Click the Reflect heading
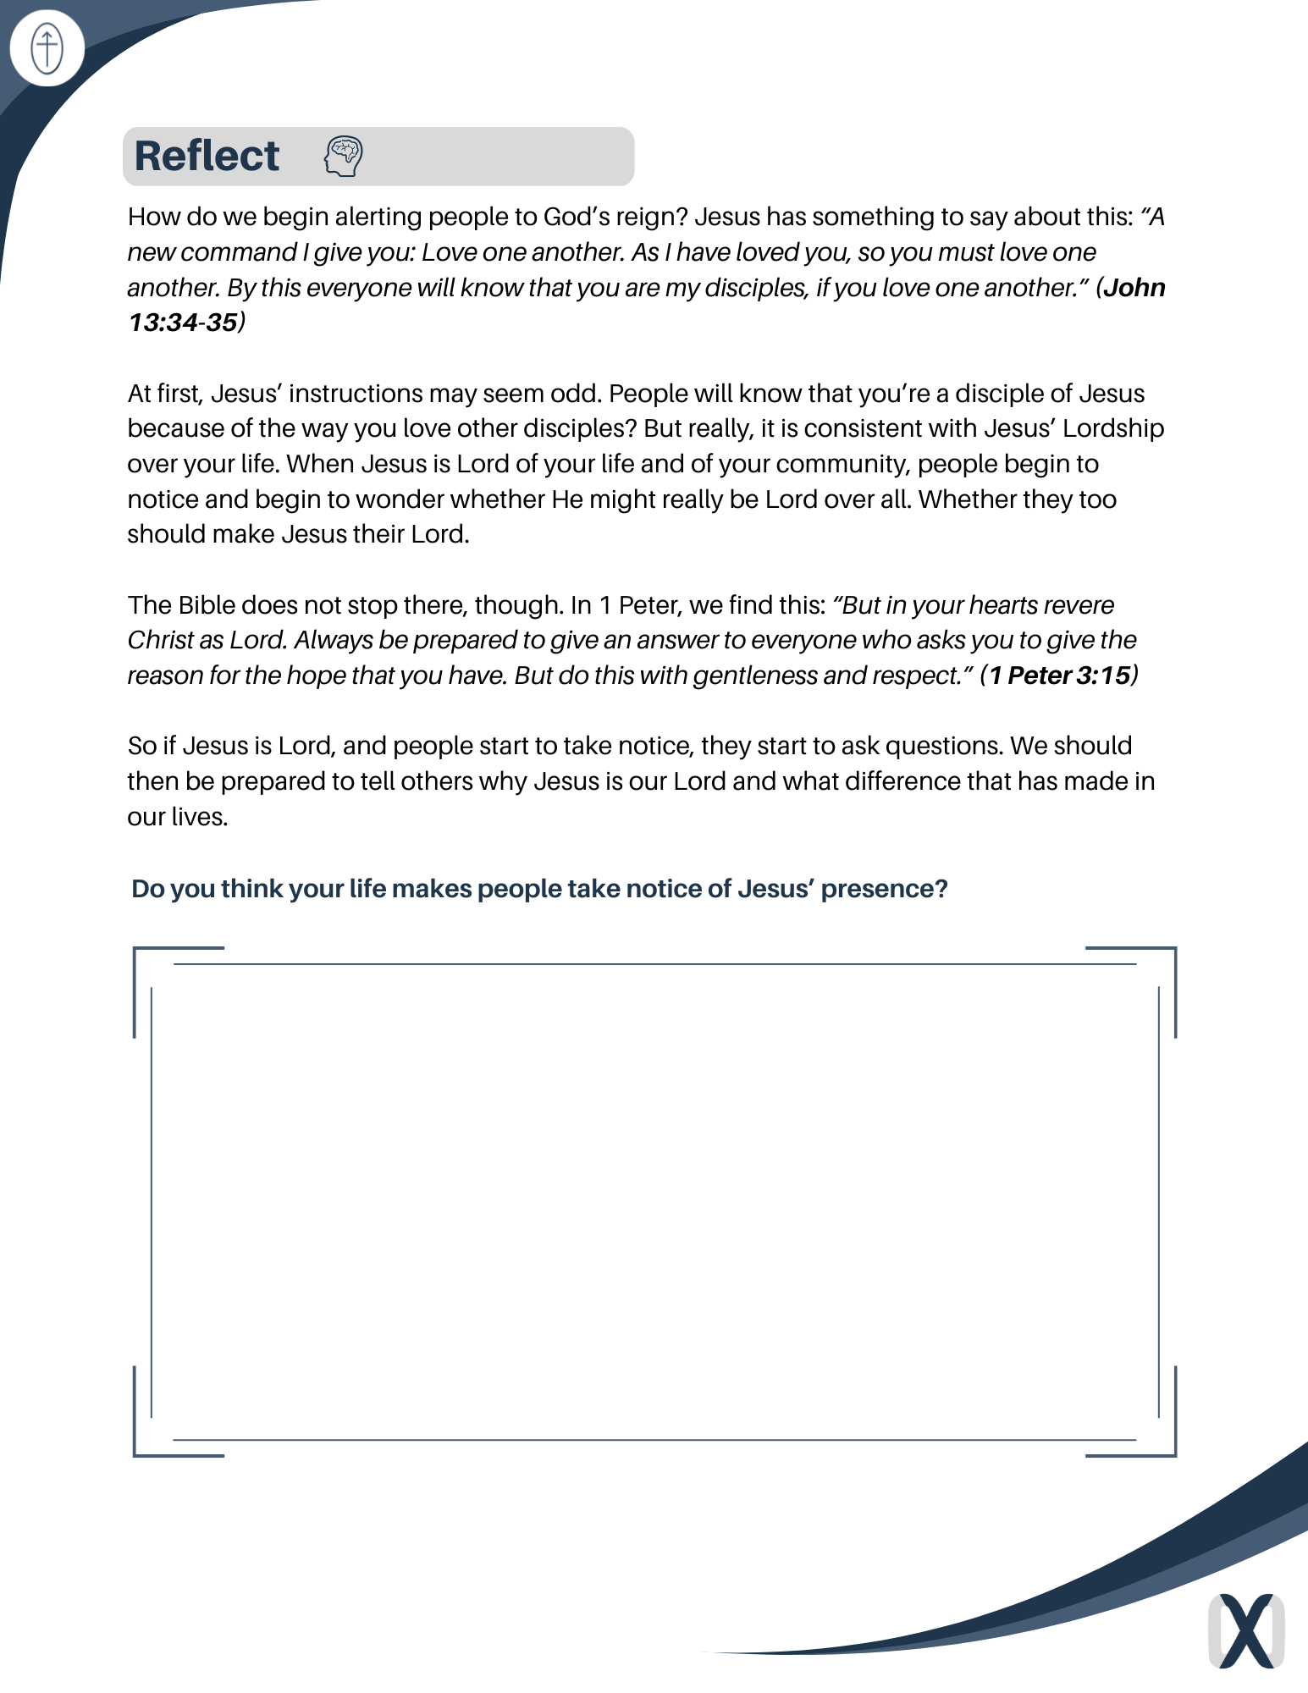(x=207, y=157)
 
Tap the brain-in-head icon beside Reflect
(x=343, y=157)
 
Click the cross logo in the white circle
(x=47, y=48)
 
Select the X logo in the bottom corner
(x=1245, y=1630)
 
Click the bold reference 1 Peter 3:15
(x=1059, y=676)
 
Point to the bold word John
(x=1134, y=288)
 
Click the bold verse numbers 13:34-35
(x=183, y=323)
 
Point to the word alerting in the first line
(x=383, y=217)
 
